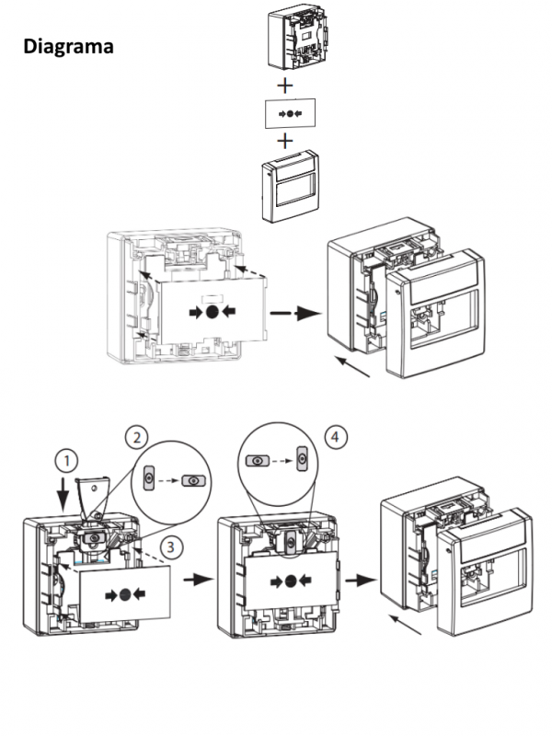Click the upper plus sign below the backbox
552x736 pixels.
[x=287, y=86]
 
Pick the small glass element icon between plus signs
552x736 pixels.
[x=287, y=113]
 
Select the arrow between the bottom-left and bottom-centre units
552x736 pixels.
[x=194, y=581]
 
